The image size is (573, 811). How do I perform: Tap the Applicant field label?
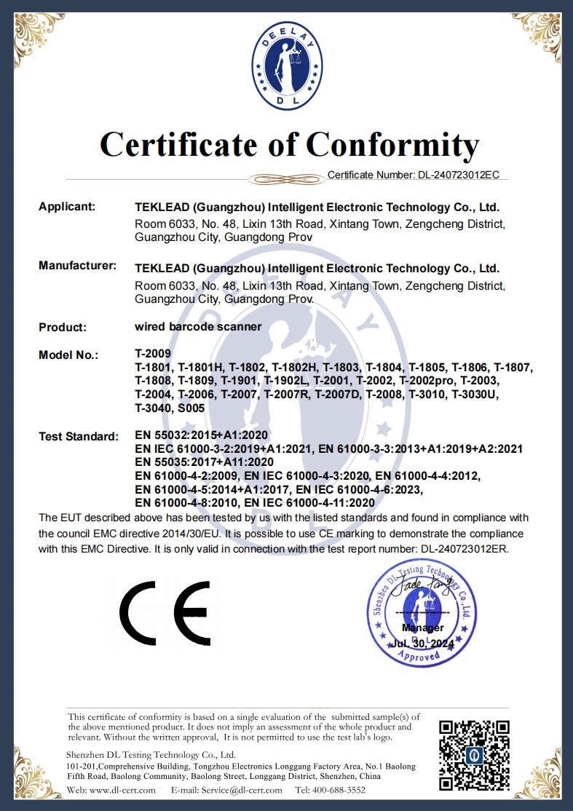click(x=67, y=207)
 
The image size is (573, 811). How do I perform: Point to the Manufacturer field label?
click(x=77, y=266)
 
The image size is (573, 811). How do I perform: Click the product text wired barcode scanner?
click(x=198, y=327)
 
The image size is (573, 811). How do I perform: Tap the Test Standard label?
click(x=78, y=437)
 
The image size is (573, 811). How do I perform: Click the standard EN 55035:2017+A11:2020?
click(x=205, y=462)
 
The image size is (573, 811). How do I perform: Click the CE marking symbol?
click(x=165, y=609)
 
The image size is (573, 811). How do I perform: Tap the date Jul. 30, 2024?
click(x=422, y=644)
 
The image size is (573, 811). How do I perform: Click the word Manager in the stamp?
click(x=422, y=628)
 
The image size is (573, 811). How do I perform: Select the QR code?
click(x=473, y=755)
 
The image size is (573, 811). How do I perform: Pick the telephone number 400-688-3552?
click(x=341, y=790)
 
